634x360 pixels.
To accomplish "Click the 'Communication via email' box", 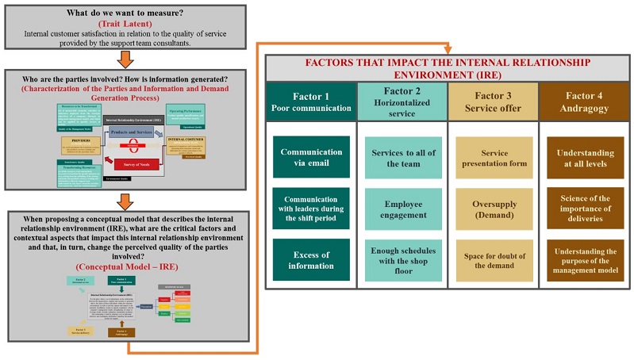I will (x=310, y=156).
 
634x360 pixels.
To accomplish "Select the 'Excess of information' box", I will (x=310, y=260).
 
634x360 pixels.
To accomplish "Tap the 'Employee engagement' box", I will (x=404, y=209).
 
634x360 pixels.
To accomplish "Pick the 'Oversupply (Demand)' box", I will (x=494, y=209).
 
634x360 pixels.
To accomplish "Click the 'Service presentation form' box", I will (x=494, y=158).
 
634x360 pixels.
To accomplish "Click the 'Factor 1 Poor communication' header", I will (x=310, y=101).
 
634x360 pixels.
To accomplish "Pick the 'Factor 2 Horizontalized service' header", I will (x=403, y=101).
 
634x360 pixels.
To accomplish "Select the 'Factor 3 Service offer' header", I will (x=494, y=101).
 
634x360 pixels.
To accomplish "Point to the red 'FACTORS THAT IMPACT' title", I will (x=448, y=67).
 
